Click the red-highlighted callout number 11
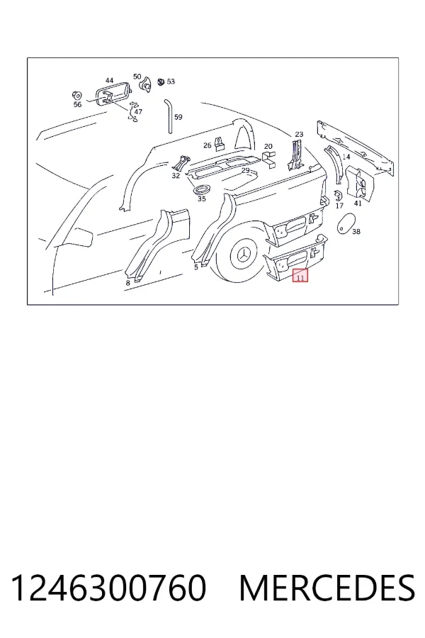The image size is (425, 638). (300, 279)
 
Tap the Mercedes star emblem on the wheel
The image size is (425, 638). (243, 256)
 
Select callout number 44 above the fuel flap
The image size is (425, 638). (109, 81)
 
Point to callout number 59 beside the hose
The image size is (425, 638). (178, 117)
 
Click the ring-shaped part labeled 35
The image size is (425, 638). (202, 189)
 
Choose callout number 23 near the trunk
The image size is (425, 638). (299, 134)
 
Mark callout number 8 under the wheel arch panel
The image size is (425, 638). (127, 283)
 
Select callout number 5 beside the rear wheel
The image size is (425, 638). (196, 267)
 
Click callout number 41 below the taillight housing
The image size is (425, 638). (358, 203)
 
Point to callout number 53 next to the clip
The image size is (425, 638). (171, 82)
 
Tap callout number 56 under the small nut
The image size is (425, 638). (77, 105)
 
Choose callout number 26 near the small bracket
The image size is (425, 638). (208, 145)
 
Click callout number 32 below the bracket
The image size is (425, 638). (176, 176)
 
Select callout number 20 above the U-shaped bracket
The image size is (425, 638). (268, 147)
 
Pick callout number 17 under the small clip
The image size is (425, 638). (339, 206)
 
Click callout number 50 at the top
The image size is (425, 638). (137, 77)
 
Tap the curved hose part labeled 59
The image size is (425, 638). (168, 116)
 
